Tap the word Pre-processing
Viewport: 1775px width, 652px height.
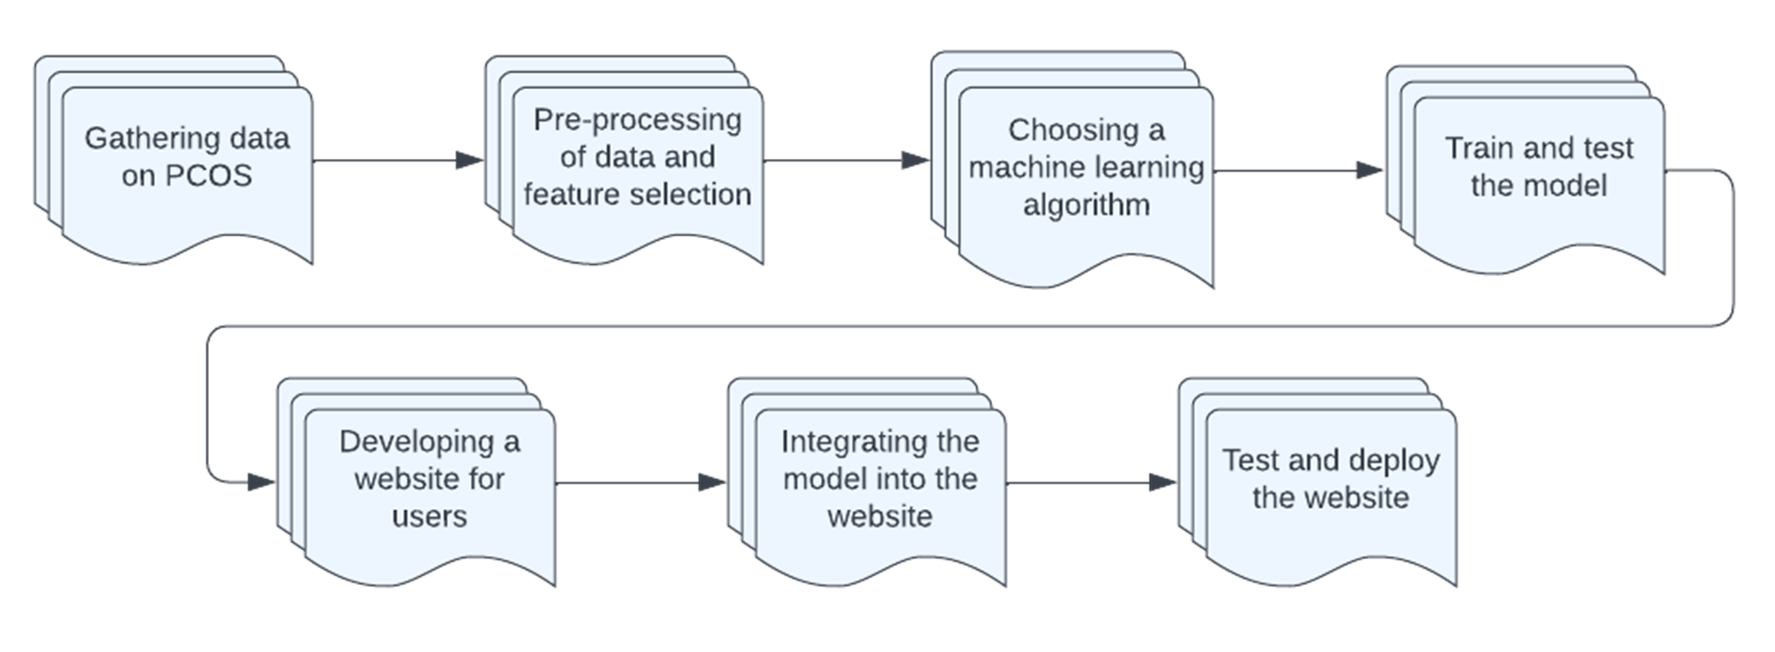pos(637,120)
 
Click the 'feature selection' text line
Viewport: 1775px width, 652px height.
pos(637,194)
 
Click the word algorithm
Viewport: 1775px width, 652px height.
pos(1085,205)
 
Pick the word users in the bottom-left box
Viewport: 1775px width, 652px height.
pos(429,515)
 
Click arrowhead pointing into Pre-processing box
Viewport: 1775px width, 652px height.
pos(469,161)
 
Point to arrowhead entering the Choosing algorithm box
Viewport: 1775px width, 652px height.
pos(916,161)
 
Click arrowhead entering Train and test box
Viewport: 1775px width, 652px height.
pos(1371,170)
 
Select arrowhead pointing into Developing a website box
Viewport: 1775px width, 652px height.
pos(262,483)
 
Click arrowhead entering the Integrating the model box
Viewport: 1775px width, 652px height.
pos(712,483)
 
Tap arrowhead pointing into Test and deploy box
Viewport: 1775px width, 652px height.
pos(1163,483)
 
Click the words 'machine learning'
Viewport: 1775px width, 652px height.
pos(1085,168)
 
